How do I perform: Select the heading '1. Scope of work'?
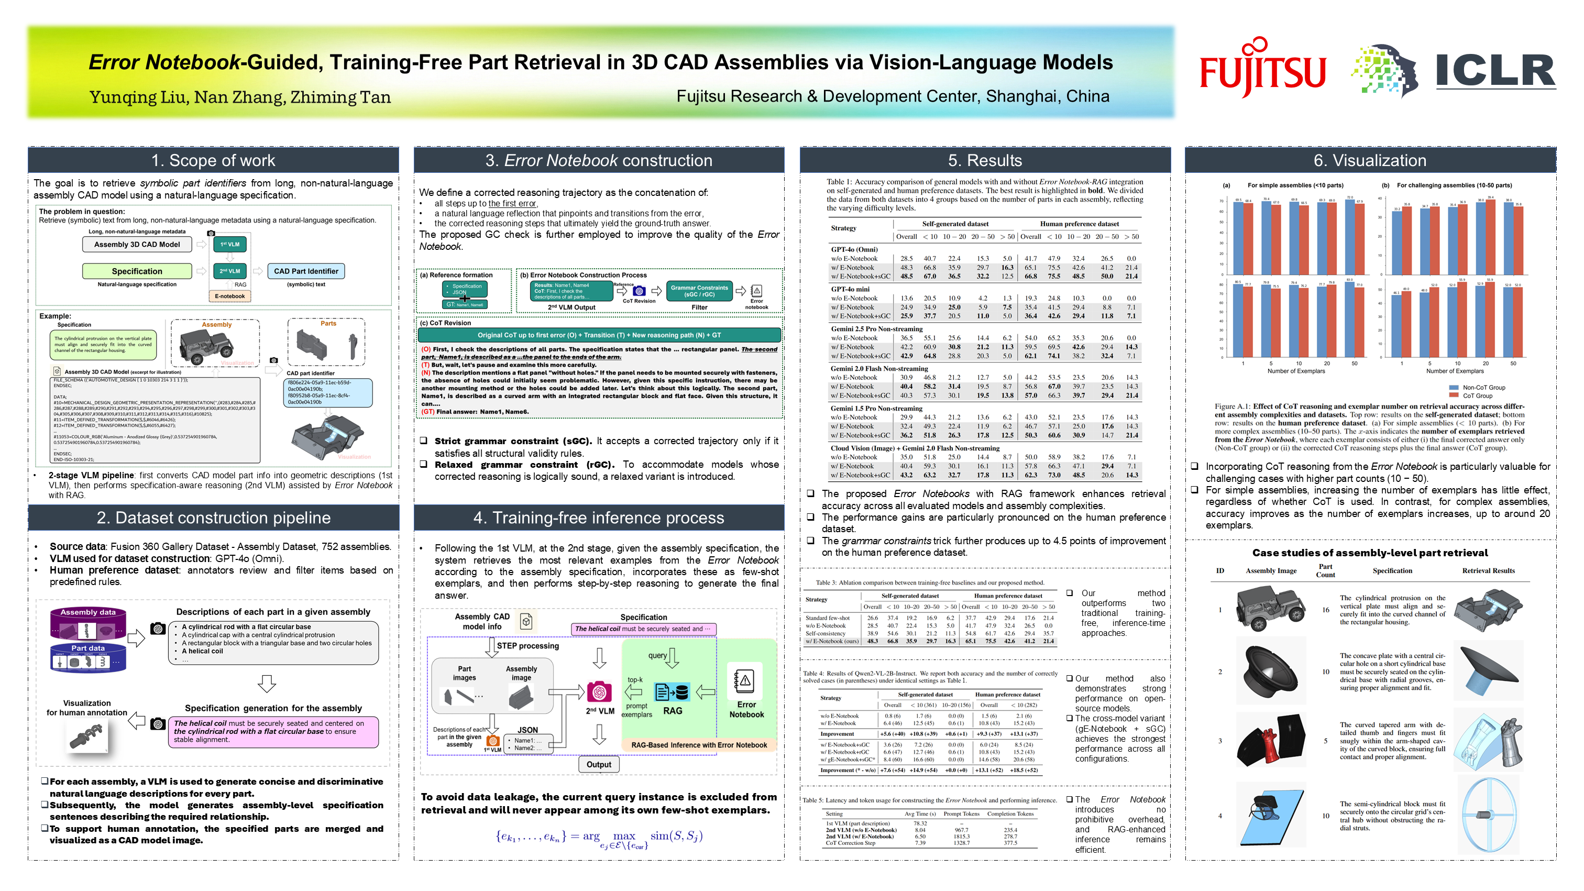point(213,160)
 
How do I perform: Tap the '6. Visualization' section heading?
point(1369,160)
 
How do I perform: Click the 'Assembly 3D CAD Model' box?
point(137,244)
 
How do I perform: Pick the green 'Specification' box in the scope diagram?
point(137,271)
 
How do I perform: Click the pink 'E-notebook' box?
point(229,296)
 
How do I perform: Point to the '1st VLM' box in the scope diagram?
point(229,244)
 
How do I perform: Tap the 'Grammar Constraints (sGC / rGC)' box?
point(699,291)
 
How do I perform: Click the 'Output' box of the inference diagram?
point(598,764)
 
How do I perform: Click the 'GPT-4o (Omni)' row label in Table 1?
point(854,250)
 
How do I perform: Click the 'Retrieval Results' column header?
point(1488,570)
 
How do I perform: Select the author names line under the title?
point(240,97)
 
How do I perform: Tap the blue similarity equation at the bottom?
point(598,838)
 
